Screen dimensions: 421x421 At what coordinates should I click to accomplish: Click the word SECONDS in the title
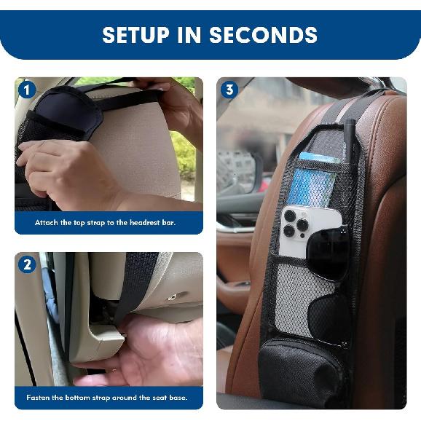[x=263, y=35]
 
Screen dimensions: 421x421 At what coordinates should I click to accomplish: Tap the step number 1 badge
[x=27, y=90]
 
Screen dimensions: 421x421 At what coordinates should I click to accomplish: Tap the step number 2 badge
[x=27, y=264]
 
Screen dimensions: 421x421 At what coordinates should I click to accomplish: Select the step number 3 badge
[x=229, y=90]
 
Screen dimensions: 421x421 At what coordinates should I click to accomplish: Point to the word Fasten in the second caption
[x=40, y=398]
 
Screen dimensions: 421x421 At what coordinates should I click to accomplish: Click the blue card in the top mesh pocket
[x=318, y=158]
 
